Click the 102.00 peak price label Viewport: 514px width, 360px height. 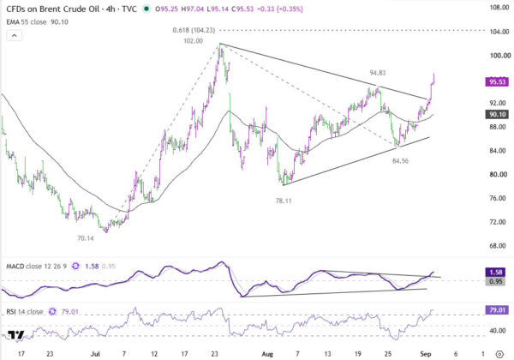click(x=193, y=41)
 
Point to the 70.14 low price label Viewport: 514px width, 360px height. click(x=86, y=238)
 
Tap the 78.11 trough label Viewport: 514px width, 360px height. click(x=284, y=201)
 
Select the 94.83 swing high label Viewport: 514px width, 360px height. click(x=378, y=73)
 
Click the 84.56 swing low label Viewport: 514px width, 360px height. click(x=400, y=160)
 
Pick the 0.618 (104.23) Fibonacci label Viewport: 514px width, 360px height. click(x=194, y=30)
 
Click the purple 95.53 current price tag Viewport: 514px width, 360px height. click(x=497, y=81)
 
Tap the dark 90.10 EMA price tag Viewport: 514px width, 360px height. click(x=497, y=114)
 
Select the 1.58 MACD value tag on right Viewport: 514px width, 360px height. click(x=497, y=272)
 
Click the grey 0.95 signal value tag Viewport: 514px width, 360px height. click(x=497, y=281)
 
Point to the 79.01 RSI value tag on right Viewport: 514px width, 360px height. click(x=497, y=309)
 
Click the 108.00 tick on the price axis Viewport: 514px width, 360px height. click(x=499, y=7)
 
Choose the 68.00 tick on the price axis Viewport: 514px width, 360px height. click(x=498, y=246)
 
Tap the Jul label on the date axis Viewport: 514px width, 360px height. click(x=95, y=354)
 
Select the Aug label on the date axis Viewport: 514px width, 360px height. click(x=267, y=354)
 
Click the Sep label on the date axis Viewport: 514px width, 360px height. click(x=425, y=354)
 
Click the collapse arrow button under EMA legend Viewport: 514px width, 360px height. click(x=14, y=35)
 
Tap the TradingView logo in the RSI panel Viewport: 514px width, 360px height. click(x=16, y=335)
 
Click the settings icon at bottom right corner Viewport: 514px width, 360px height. click(x=499, y=354)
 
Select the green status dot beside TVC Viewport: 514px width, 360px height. click(x=146, y=9)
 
